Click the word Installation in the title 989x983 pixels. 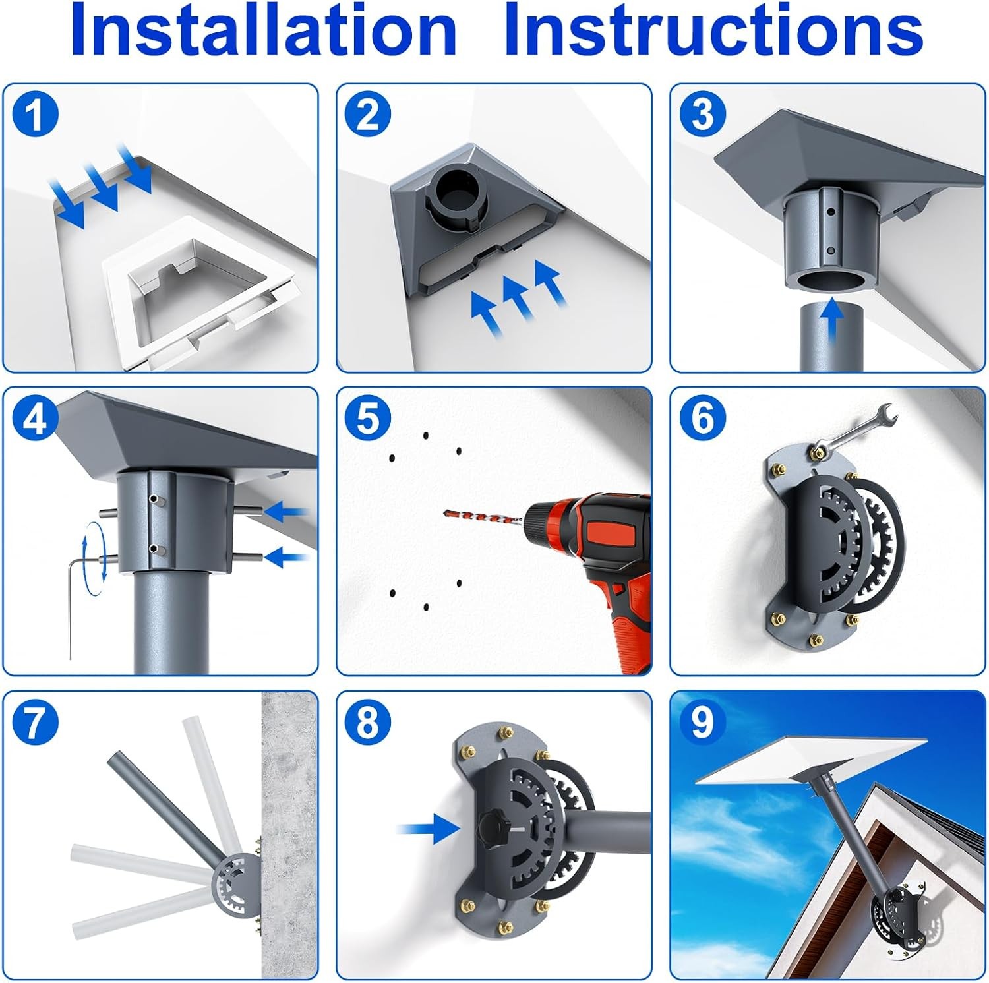tap(264, 30)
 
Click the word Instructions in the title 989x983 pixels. tap(713, 30)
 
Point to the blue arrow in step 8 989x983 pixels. tap(430, 827)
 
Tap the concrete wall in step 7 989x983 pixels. tap(289, 834)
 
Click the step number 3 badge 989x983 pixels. tap(702, 114)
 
